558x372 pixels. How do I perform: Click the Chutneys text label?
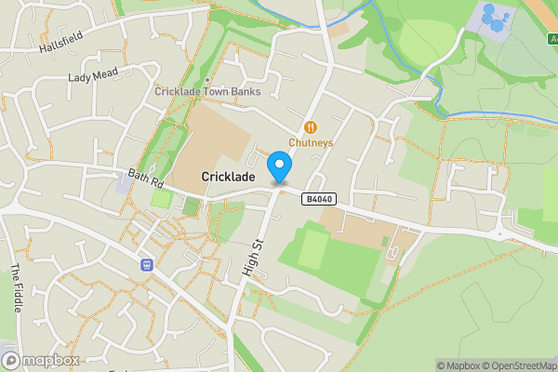[311, 143]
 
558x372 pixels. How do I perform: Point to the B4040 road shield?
[317, 199]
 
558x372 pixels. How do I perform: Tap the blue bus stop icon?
[146, 264]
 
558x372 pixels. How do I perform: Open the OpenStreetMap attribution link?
[515, 365]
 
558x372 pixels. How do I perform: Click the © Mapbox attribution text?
[455, 365]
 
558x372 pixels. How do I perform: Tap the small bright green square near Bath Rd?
[161, 198]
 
